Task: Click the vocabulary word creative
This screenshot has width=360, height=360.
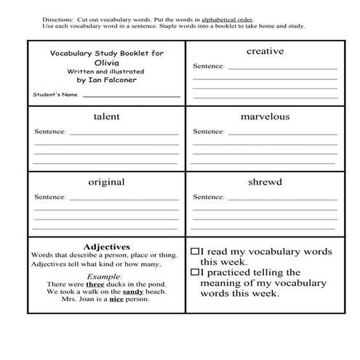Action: (x=265, y=51)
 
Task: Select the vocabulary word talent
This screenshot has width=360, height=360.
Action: (x=106, y=116)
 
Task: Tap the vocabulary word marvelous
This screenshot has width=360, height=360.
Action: (x=265, y=116)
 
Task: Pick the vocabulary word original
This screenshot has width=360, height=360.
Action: (x=106, y=182)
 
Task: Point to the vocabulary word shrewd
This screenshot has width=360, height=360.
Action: (x=265, y=182)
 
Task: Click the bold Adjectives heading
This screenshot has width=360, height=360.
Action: (x=106, y=246)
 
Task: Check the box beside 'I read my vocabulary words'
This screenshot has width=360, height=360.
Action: (x=195, y=251)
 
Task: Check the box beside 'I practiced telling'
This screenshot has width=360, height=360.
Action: (x=195, y=272)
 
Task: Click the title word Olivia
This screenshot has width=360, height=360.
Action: (x=106, y=63)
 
